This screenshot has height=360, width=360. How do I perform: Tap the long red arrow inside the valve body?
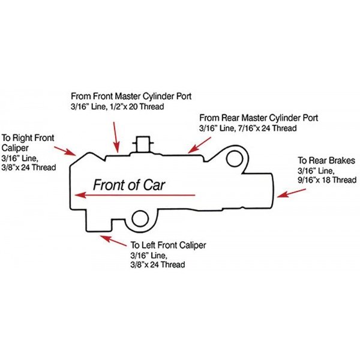[135, 195]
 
